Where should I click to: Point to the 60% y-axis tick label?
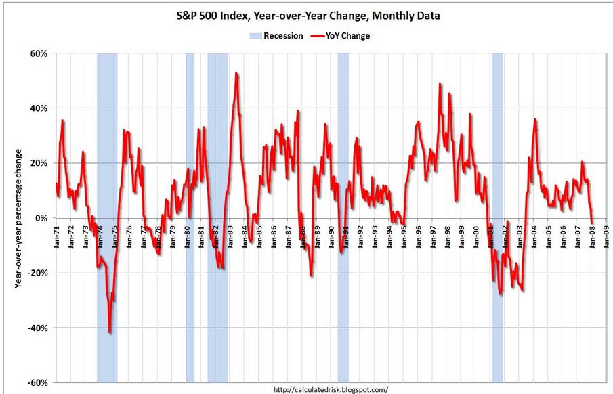tap(38, 53)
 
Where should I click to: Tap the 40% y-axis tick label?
tap(38, 108)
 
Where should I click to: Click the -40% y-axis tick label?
tap(37, 328)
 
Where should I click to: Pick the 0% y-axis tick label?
tap(40, 218)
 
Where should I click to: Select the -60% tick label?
tap(37, 383)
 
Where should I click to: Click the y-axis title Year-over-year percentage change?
tap(19, 218)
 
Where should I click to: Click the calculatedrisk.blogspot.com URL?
tap(331, 389)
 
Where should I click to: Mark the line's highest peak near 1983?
tap(236, 72)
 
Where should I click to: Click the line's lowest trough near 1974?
tap(110, 332)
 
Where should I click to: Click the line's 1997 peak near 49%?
tap(440, 83)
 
